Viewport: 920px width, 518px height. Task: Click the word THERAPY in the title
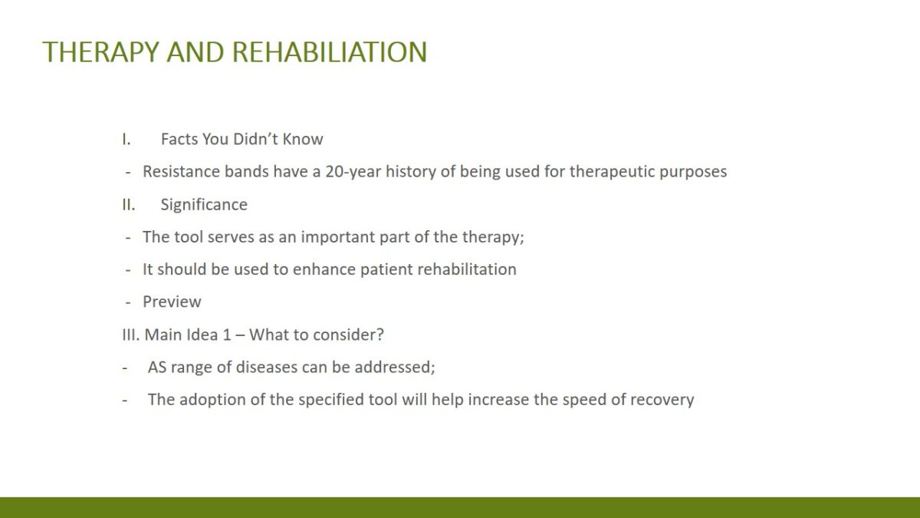(100, 52)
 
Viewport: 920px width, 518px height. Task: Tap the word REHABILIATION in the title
(330, 52)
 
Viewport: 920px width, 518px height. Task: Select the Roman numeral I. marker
(127, 140)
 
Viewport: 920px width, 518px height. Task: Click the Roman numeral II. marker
(129, 204)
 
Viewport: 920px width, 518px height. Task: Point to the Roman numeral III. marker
(131, 335)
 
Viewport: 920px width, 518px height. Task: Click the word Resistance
(181, 171)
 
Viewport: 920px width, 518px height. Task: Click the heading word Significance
(204, 205)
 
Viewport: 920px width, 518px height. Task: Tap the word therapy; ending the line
(493, 237)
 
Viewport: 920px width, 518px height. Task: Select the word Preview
(172, 302)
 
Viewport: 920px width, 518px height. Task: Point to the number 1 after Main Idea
(227, 335)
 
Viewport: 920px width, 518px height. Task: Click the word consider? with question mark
(348, 335)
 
